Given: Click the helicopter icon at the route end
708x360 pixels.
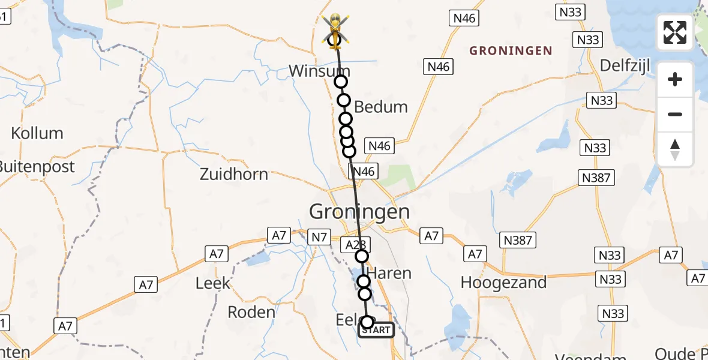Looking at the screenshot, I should tap(335, 30).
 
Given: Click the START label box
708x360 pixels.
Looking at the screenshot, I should tap(376, 330).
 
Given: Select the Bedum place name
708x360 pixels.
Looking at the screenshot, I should tap(381, 107).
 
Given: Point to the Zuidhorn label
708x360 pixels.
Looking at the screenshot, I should tap(234, 175).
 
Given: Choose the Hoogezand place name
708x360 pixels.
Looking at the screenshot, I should tap(503, 282).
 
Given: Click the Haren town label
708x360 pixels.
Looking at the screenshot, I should tap(389, 274).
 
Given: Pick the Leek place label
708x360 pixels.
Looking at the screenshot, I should tap(213, 283).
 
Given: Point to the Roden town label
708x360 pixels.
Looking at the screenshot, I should tap(251, 312).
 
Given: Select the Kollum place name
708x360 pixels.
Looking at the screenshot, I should tap(37, 133).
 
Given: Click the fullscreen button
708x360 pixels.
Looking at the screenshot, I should tap(675, 32).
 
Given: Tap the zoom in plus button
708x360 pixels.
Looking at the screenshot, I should tap(675, 79).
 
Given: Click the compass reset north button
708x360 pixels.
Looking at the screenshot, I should tap(675, 149).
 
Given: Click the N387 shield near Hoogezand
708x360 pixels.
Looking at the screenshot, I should tap(517, 241).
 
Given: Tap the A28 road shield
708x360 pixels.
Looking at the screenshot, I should tap(355, 244).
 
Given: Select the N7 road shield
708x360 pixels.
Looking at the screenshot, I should tap(319, 238).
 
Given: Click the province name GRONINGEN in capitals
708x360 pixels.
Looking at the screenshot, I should tap(511, 51).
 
